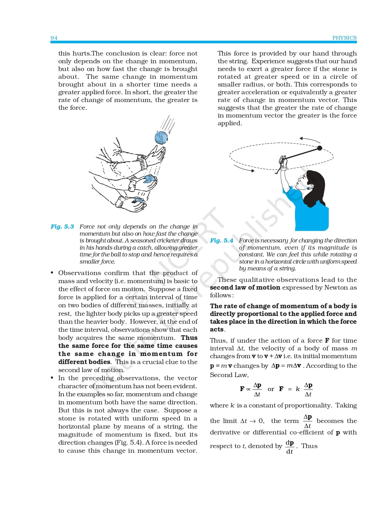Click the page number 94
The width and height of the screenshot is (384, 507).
(54, 38)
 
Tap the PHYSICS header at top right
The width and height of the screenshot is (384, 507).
(344, 38)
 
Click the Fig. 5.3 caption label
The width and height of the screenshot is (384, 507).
(62, 227)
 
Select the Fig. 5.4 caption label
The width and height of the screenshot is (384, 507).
(221, 241)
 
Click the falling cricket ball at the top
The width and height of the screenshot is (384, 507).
(161, 137)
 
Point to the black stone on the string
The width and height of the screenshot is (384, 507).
(320, 148)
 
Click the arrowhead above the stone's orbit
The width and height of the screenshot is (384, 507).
(301, 139)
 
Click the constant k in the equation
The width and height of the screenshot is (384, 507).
(298, 389)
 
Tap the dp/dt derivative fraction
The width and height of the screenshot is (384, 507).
(290, 447)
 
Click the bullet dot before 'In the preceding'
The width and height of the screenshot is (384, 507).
(52, 378)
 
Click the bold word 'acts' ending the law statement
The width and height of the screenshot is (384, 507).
(217, 329)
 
